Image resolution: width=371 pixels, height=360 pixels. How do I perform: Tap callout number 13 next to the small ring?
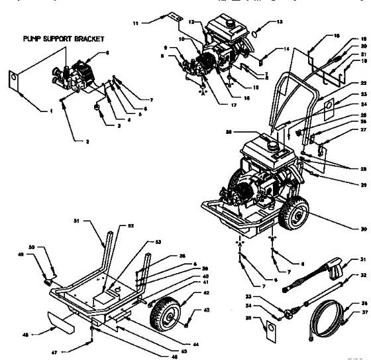pos(280,22)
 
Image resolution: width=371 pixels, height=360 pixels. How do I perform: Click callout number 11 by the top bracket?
pos(136,23)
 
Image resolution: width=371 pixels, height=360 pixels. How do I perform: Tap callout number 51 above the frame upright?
pos(95,221)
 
